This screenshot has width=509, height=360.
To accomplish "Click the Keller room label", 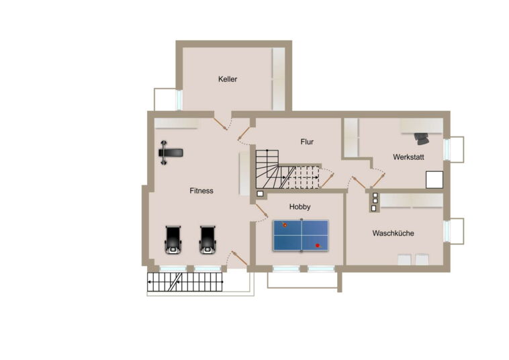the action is coord(228,79).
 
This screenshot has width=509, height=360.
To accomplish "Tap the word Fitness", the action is coord(201,191).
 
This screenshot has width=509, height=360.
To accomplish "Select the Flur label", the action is coord(307,142).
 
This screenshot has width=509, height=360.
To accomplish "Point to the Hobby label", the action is coord(299,207).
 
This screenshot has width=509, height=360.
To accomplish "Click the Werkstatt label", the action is coord(408,157).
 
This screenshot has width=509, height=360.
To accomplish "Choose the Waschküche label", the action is coord(393,233).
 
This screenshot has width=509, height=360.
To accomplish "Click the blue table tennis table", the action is coord(301,235).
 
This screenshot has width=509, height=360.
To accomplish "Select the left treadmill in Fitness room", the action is coord(173,240).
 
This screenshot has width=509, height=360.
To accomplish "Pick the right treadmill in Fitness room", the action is coord(207,240).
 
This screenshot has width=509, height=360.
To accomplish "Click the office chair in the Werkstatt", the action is coord(422,138).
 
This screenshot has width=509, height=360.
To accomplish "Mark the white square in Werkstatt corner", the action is coord(434,179).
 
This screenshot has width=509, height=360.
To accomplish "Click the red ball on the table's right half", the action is coord(318,246).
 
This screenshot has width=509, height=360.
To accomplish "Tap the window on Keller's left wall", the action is coord(179,100).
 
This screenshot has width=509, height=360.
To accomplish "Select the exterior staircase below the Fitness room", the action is coord(185,282).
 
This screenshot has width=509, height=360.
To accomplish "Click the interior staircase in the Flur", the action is coord(287,169).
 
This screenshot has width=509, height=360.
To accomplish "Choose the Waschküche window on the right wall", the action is coord(447,230).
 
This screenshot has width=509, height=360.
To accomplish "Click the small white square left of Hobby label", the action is coord(260,194).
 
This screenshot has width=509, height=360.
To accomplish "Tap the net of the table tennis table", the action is coord(302,235).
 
